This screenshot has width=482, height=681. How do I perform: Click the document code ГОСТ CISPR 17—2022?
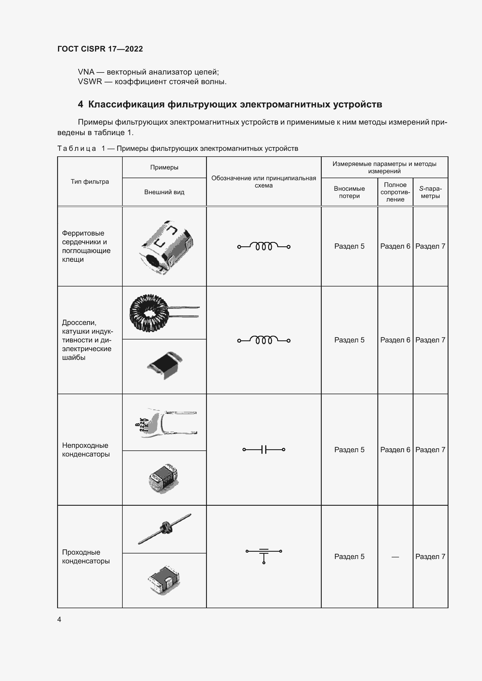[100, 49]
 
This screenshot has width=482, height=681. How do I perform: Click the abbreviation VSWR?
[90, 82]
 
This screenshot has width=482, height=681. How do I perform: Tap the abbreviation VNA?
[86, 72]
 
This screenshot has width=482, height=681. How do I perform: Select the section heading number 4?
[80, 105]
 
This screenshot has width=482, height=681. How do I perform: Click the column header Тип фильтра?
[90, 181]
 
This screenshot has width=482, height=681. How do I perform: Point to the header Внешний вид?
[164, 192]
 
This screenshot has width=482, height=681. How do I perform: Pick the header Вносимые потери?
[349, 192]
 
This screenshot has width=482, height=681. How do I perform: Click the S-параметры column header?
[430, 192]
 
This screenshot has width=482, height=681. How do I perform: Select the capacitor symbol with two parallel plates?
[263, 450]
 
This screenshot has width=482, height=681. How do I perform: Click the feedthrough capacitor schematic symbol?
[263, 555]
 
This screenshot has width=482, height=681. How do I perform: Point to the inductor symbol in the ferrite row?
[263, 246]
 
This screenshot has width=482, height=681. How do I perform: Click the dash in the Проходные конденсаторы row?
[395, 557]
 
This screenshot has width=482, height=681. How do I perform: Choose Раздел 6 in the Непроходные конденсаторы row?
[395, 450]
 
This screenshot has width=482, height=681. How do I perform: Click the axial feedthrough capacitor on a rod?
[165, 529]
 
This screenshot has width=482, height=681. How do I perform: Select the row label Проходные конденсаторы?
[86, 556]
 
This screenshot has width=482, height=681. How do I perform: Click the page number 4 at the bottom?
[59, 619]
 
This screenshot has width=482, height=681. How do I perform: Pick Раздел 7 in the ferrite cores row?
[430, 246]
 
